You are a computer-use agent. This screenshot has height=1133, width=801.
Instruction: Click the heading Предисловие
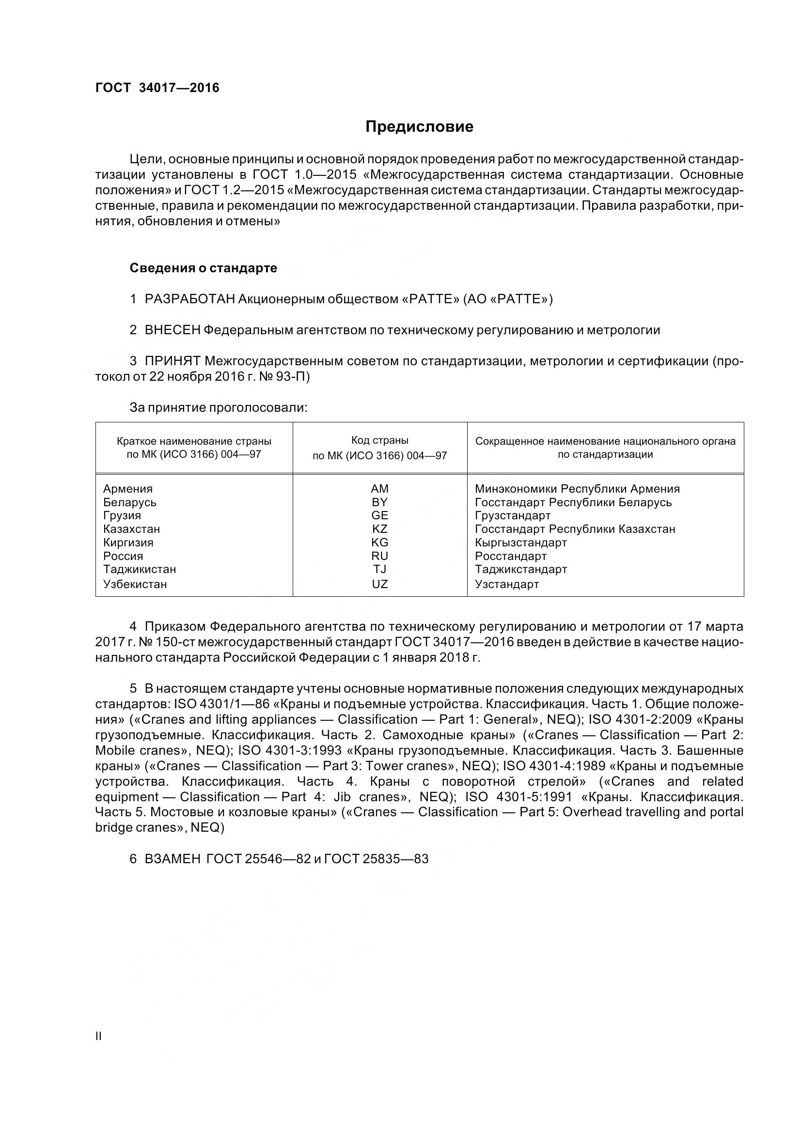click(x=419, y=127)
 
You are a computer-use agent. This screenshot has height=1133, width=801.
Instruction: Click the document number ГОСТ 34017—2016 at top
click(x=157, y=88)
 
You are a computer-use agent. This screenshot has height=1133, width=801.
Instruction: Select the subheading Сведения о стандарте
click(x=204, y=268)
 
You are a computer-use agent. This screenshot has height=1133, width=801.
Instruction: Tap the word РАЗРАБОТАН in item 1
click(x=189, y=299)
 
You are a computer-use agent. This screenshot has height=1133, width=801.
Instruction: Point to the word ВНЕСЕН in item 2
click(x=172, y=330)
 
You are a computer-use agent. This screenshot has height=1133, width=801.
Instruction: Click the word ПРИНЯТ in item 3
click(x=172, y=361)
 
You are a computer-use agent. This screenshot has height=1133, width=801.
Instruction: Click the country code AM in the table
click(x=379, y=489)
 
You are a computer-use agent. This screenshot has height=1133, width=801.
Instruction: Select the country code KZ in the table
click(x=379, y=529)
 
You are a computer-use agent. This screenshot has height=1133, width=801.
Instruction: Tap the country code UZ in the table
click(x=379, y=584)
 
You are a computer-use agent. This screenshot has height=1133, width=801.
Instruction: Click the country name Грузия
click(x=122, y=516)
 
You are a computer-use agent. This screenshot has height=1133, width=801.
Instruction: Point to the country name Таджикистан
click(x=140, y=570)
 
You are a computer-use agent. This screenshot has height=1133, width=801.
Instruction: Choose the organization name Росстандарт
click(x=511, y=556)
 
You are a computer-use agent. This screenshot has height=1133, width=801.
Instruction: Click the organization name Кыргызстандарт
click(x=521, y=543)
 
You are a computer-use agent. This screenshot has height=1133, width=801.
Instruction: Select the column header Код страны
click(x=379, y=440)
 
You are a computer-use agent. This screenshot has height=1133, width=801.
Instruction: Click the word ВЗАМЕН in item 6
click(x=172, y=859)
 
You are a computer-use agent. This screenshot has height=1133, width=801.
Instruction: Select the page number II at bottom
click(x=98, y=1036)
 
